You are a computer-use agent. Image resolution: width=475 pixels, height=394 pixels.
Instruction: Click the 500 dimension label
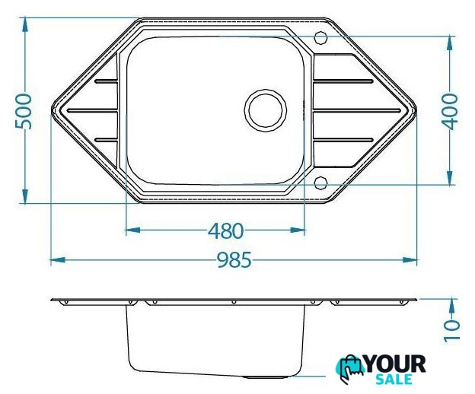tap(24, 111)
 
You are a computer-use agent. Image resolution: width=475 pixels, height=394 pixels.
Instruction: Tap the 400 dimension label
tap(450, 111)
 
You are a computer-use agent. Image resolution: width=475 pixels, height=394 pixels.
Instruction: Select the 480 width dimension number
tap(225, 231)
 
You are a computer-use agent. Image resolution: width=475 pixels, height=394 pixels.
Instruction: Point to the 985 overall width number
tap(234, 260)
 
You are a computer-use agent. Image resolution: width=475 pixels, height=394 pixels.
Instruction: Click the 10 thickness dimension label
tap(451, 331)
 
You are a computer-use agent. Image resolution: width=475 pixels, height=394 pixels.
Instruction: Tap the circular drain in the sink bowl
tap(266, 110)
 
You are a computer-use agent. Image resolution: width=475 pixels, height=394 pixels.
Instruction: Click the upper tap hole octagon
tap(320, 38)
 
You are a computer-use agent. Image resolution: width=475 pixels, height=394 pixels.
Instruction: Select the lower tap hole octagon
tap(320, 183)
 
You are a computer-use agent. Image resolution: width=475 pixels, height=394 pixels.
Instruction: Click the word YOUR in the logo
tap(396, 364)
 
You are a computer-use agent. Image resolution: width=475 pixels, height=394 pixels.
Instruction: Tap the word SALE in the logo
tap(394, 380)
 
